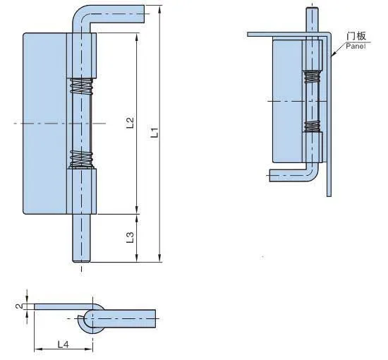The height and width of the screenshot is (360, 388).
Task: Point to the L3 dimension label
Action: pyautogui.click(x=131, y=237)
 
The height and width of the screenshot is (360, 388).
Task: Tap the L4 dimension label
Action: pyautogui.click(x=62, y=344)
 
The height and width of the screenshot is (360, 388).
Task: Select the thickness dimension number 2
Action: pyautogui.click(x=18, y=306)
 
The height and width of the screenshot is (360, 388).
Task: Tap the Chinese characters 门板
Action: pyautogui.click(x=356, y=36)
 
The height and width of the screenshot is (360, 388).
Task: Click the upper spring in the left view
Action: pyautogui.click(x=82, y=89)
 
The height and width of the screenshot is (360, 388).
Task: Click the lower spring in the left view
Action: pyautogui.click(x=82, y=160)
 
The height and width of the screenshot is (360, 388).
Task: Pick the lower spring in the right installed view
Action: pyautogui.click(x=312, y=128)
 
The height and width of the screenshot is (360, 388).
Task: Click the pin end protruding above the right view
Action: pyautogui.click(x=311, y=18)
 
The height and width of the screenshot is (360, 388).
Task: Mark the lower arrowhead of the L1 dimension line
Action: pyautogui.click(x=161, y=258)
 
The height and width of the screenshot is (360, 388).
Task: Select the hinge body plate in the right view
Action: pyautogui.click(x=286, y=99)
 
